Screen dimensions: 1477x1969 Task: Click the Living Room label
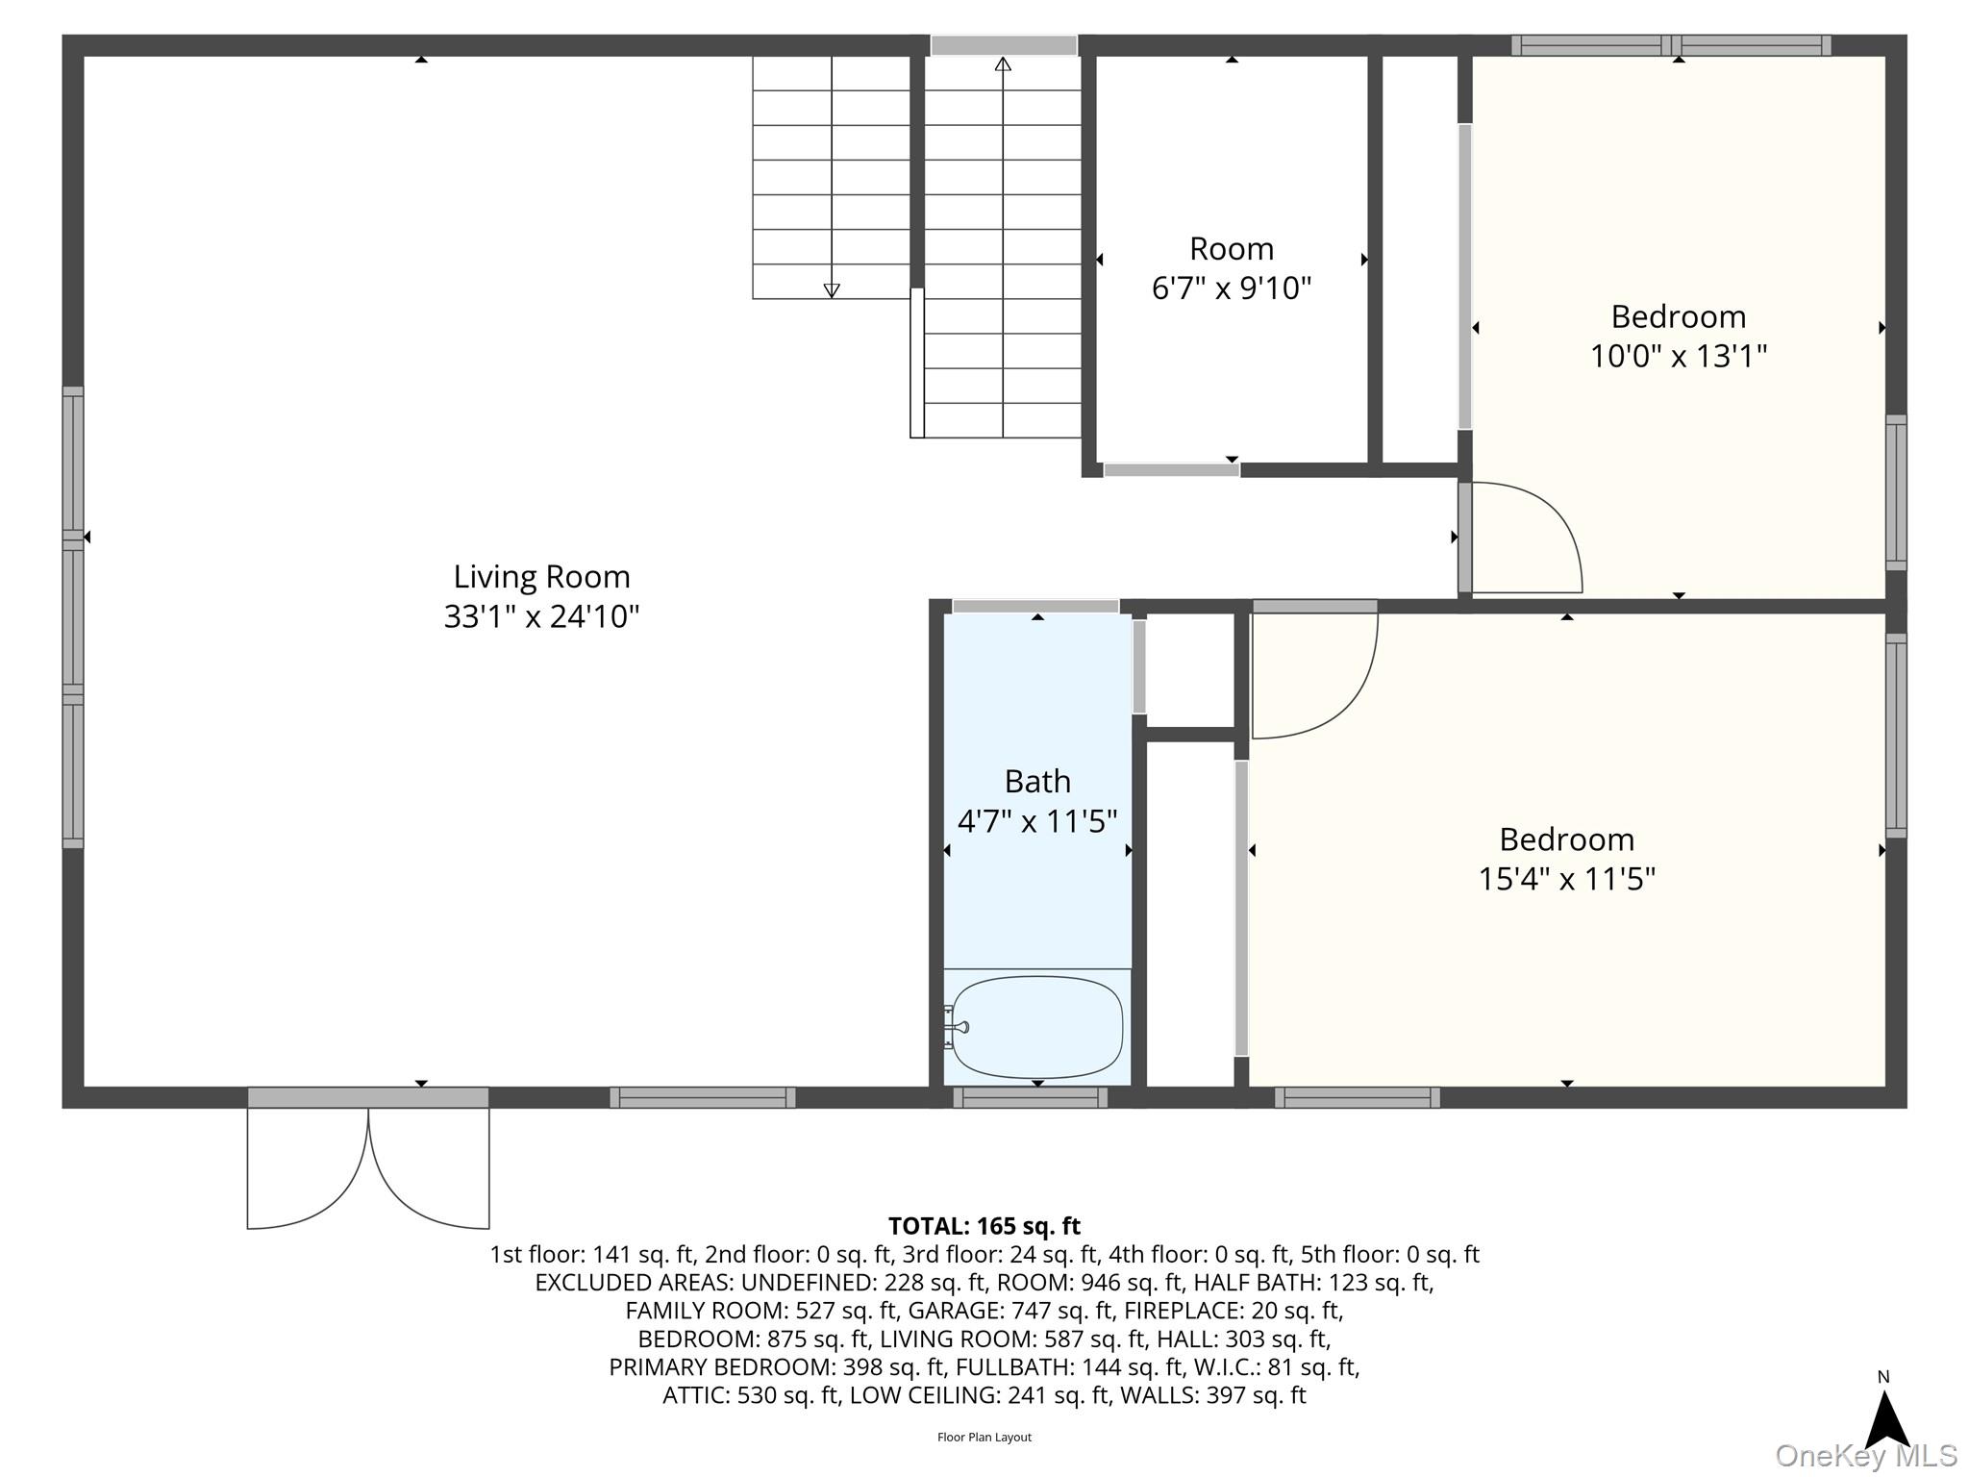coord(541,577)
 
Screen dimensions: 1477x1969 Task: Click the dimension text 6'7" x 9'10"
coord(1231,288)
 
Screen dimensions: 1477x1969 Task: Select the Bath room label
coord(1037,782)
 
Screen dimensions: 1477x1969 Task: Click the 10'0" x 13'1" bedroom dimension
coord(1678,357)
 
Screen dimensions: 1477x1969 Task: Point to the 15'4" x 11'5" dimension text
coord(1566,879)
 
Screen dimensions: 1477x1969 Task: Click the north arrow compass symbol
coord(1886,1415)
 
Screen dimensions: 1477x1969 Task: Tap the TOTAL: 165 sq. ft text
coord(984,1226)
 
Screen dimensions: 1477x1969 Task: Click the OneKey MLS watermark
coord(1865,1456)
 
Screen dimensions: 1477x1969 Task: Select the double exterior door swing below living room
coord(368,1168)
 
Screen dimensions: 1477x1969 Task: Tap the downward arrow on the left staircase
coord(832,289)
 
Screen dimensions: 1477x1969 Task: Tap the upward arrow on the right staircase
coord(1003,64)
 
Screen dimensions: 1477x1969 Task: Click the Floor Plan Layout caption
coord(984,1438)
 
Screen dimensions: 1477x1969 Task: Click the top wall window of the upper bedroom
coord(1671,45)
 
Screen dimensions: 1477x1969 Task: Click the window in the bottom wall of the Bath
coord(1030,1097)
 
